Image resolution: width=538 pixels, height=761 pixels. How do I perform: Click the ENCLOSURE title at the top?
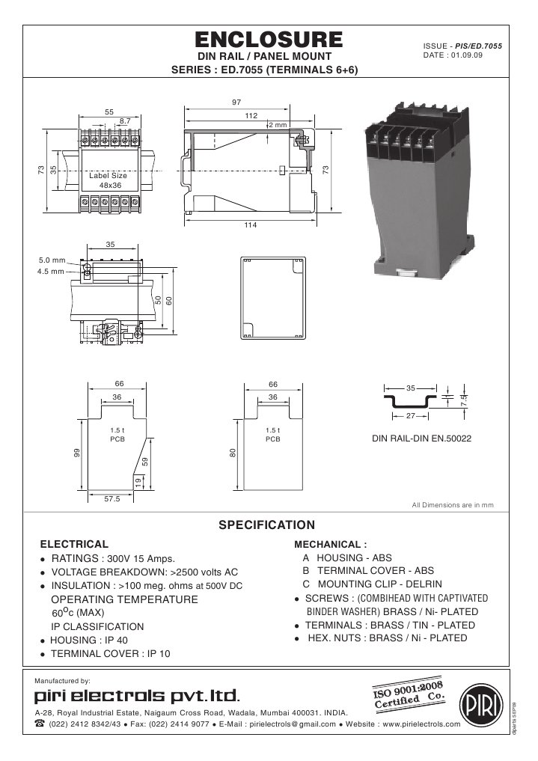269,40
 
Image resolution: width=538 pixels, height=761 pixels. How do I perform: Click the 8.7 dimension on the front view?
125,120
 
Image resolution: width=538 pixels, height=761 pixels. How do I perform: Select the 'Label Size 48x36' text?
109,180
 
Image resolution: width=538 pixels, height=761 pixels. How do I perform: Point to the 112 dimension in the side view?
251,116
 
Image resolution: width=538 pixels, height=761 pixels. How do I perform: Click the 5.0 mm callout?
53,260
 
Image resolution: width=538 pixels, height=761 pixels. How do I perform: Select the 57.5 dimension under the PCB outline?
111,499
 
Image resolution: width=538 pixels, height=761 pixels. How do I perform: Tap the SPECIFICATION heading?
266,525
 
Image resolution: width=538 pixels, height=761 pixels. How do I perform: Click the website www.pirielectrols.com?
421,724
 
